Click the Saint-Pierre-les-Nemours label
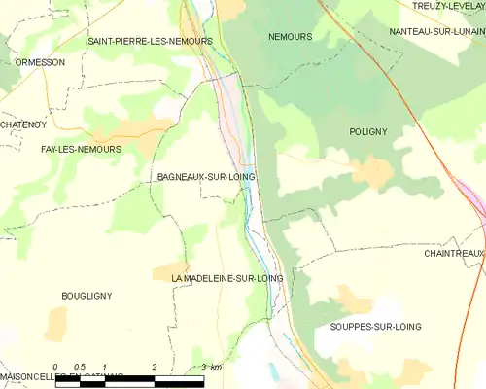click(150, 41)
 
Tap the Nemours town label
click(290, 36)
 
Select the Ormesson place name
click(40, 62)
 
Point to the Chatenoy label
click(22, 124)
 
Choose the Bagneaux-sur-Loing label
click(205, 178)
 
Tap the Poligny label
click(368, 129)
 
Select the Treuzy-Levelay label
click(448, 6)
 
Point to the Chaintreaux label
click(453, 253)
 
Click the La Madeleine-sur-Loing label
click(226, 278)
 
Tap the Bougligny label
click(87, 296)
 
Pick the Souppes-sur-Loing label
click(375, 327)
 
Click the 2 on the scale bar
click(155, 367)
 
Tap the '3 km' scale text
click(212, 367)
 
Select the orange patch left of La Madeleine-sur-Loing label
click(170, 269)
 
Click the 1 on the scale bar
click(105, 367)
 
